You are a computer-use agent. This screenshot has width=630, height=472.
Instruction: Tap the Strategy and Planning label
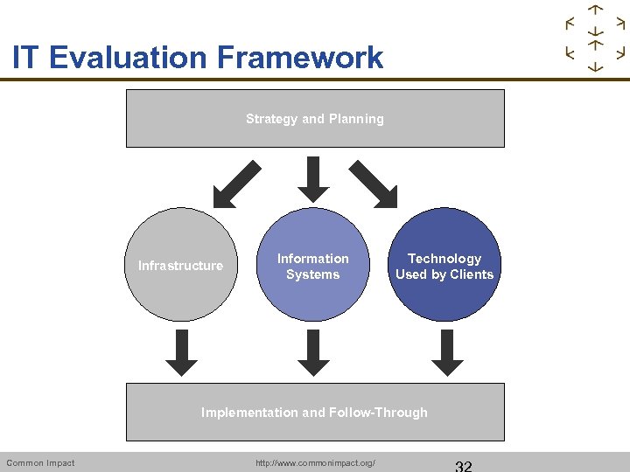click(315, 119)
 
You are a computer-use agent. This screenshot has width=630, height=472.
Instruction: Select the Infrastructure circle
click(181, 265)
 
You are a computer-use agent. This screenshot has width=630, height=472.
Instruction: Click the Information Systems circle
click(313, 266)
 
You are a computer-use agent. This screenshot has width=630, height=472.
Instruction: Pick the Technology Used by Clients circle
click(444, 266)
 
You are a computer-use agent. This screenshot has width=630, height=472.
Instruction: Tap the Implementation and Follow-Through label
click(315, 413)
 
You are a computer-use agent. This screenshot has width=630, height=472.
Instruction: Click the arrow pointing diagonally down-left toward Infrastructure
click(237, 184)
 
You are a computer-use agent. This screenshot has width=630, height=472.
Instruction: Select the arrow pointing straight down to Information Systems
click(313, 178)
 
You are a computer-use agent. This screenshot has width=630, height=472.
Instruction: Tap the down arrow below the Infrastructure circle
click(183, 351)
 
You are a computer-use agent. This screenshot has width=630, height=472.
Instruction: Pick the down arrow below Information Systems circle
click(313, 351)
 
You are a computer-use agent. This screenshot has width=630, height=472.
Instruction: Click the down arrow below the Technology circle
click(448, 351)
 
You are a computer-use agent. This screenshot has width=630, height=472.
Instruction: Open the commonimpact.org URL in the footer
click(315, 462)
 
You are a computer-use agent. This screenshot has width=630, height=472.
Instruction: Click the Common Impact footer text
click(40, 462)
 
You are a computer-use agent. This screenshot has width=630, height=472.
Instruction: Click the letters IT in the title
click(26, 58)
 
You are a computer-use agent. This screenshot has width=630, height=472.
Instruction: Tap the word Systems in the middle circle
click(312, 274)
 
